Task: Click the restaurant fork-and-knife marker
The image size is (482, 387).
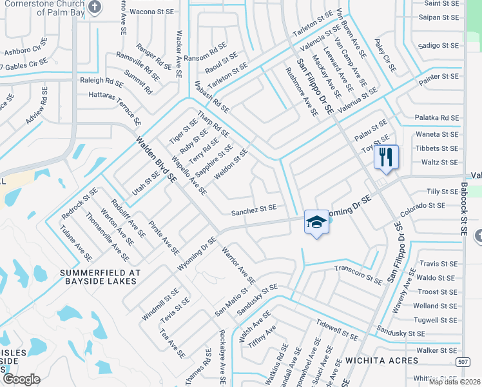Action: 386,157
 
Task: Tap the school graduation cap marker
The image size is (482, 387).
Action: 316,223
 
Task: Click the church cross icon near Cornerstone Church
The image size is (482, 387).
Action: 95,8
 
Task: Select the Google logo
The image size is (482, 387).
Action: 21,379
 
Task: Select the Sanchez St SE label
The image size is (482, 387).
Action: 254,209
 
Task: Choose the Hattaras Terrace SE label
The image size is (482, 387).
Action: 115,106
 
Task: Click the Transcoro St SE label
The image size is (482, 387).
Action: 358,273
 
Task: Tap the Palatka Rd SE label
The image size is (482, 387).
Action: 436,118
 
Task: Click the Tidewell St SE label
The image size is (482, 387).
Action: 336,330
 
